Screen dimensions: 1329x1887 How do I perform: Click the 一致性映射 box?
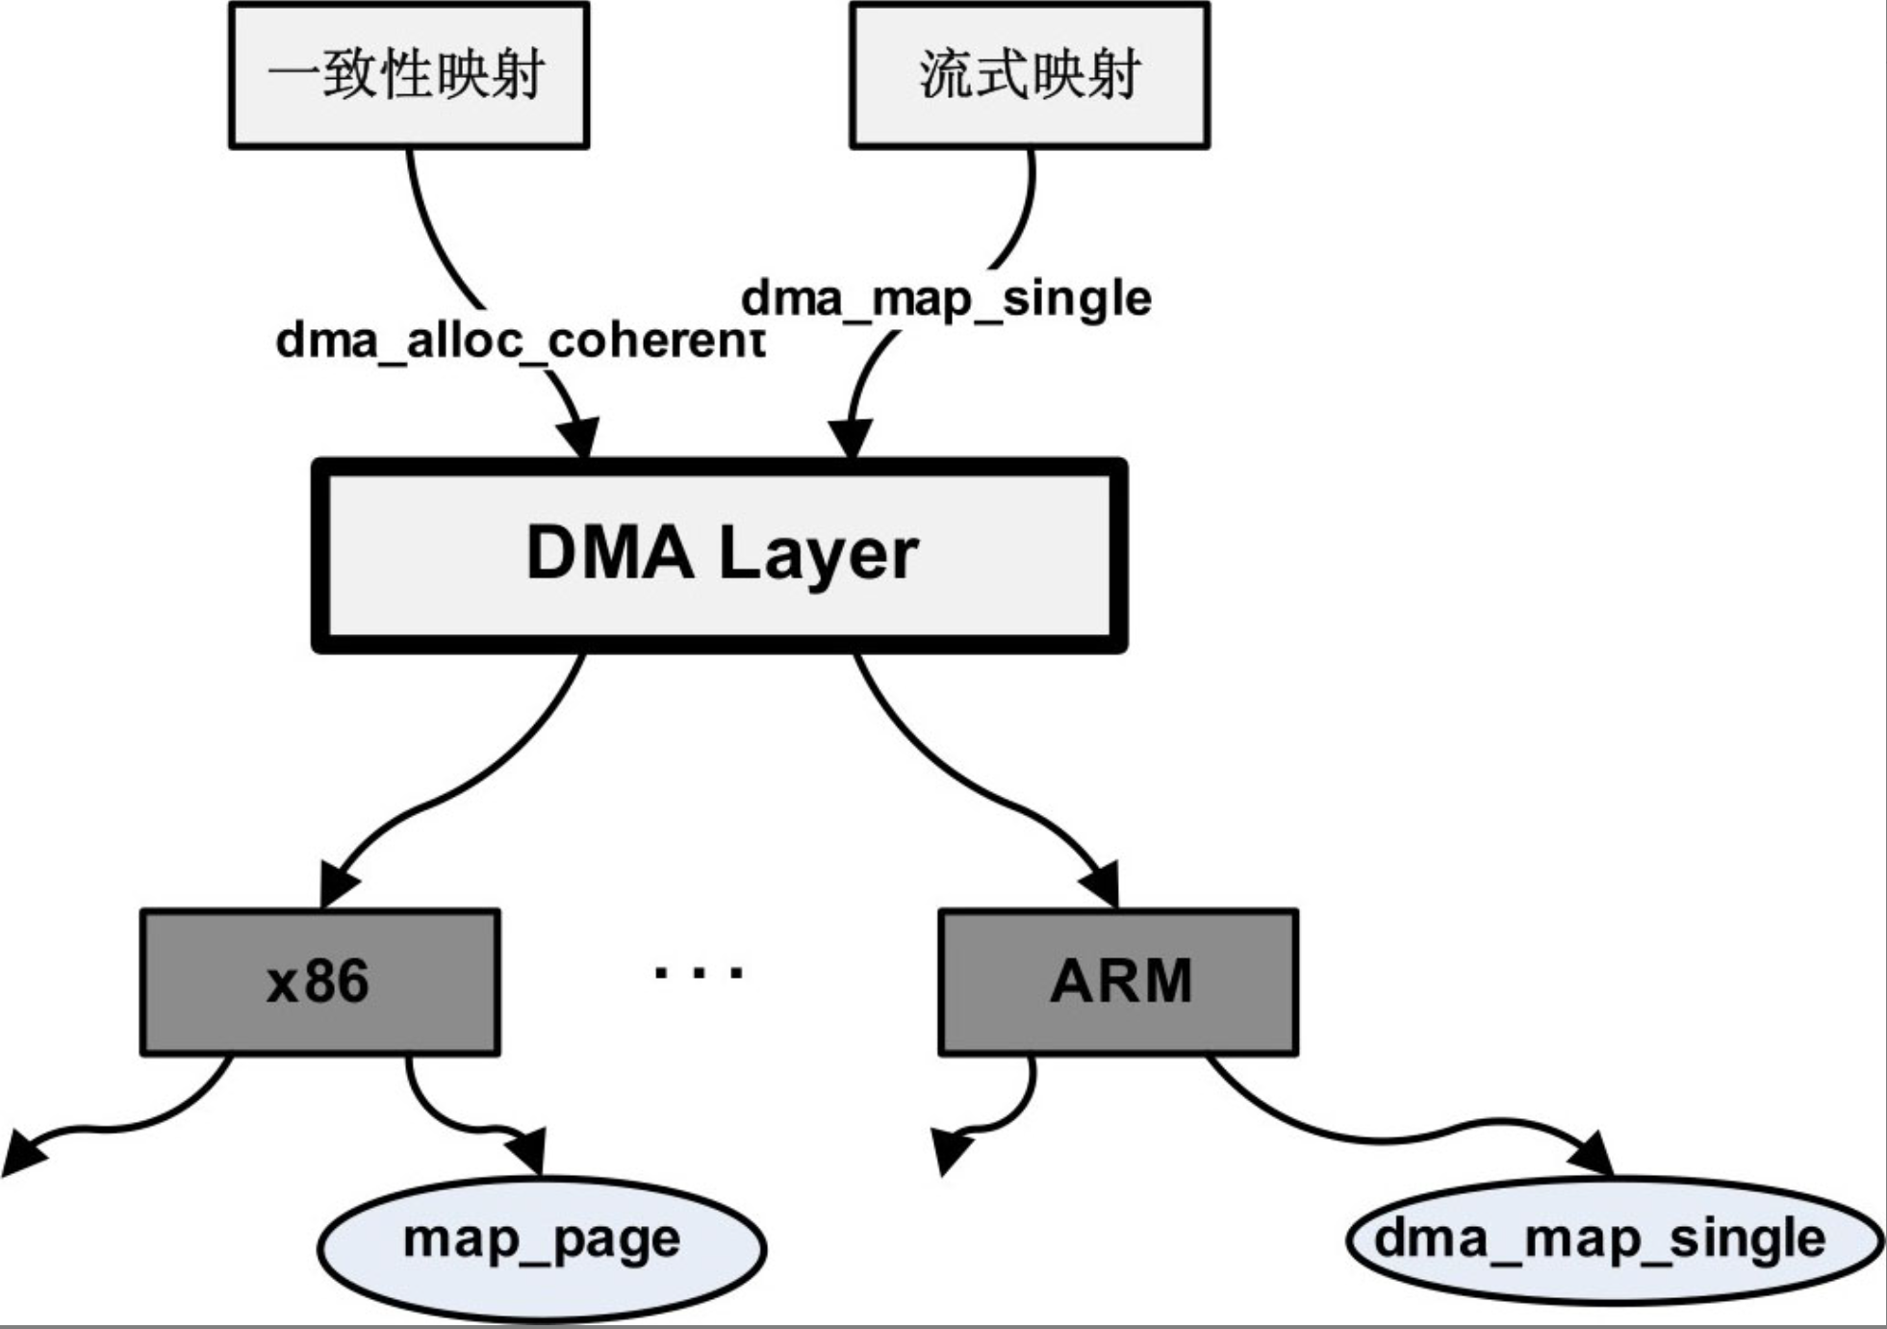pos(408,75)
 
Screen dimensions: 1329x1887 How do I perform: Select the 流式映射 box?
pos(1029,75)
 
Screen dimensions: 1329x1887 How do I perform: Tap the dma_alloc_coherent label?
pos(520,341)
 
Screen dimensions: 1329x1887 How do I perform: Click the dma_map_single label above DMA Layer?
pos(946,297)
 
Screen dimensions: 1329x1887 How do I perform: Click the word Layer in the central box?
pos(818,554)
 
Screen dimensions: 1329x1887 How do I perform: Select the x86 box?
pos(319,983)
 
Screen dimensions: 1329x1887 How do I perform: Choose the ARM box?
pos(1118,983)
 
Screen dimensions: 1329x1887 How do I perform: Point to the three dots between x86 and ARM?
pos(698,972)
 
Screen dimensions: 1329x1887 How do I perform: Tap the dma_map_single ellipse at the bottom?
pos(1614,1240)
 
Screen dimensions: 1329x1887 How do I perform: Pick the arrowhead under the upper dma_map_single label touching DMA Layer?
pos(851,439)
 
